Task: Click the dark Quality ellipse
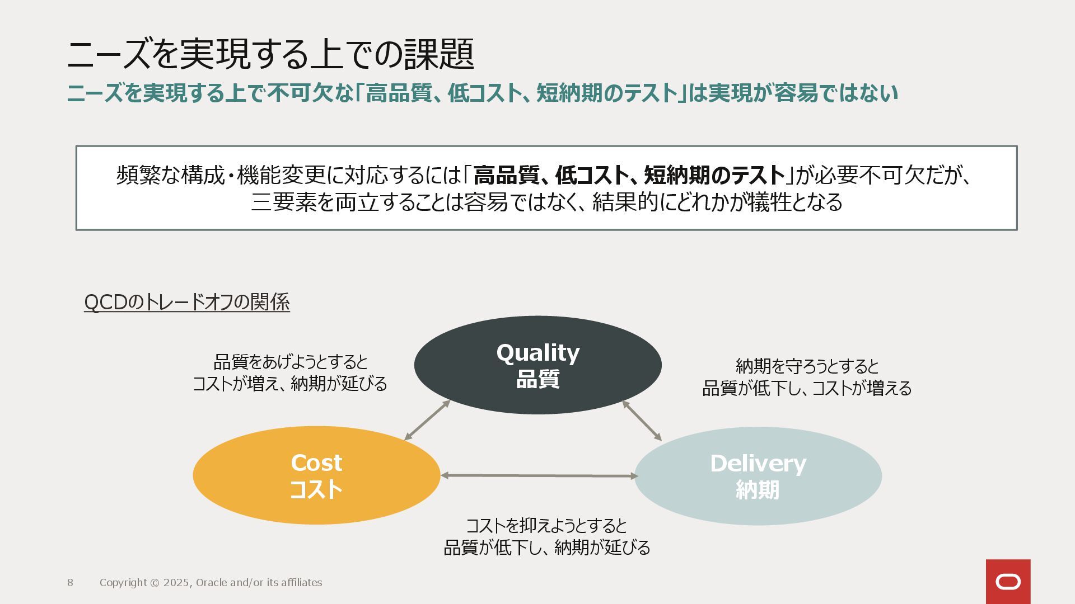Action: (x=537, y=391)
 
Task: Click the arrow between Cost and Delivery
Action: (x=539, y=476)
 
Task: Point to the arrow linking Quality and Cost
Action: (x=427, y=421)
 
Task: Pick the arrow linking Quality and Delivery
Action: (x=642, y=421)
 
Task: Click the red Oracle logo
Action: (x=1008, y=582)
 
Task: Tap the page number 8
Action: (x=70, y=583)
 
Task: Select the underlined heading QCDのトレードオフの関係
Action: (x=186, y=302)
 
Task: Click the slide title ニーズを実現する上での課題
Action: (x=270, y=54)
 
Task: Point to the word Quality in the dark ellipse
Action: (x=537, y=353)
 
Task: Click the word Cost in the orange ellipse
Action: (x=316, y=463)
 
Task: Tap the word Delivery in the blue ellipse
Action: (x=758, y=464)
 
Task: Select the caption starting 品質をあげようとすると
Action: (x=290, y=373)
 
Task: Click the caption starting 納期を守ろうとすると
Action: (x=807, y=377)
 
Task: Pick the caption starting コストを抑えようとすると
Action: (x=546, y=536)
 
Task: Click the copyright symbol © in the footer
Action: (x=155, y=583)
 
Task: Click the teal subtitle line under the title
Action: (x=482, y=93)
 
